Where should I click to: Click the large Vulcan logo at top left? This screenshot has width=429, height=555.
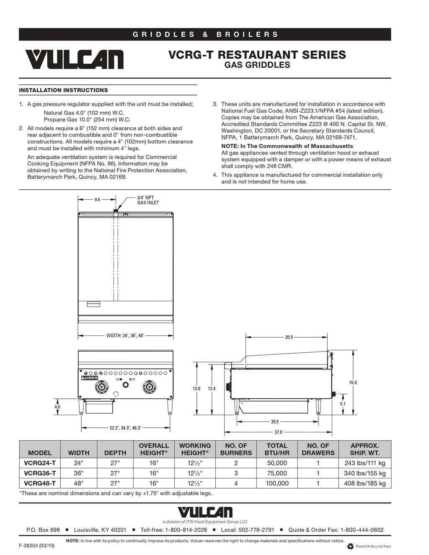tap(74, 59)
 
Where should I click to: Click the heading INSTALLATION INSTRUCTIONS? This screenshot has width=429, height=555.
tap(63, 90)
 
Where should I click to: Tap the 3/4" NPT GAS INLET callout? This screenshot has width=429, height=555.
tap(148, 200)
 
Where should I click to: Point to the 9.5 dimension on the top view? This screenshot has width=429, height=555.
tap(97, 200)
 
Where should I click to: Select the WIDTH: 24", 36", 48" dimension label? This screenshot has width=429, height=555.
tap(125, 336)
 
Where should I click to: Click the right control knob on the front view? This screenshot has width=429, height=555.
tap(149, 386)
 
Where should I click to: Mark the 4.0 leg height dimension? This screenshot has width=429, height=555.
tap(57, 407)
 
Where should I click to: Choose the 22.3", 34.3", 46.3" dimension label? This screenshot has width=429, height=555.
tap(125, 428)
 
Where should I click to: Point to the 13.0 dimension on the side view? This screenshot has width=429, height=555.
tap(196, 389)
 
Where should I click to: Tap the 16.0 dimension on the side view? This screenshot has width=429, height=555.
tap(353, 382)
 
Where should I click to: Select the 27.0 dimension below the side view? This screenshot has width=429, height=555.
tap(278, 432)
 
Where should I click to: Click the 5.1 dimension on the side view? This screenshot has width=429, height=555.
tap(343, 404)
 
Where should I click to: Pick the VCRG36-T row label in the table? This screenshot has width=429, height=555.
tap(40, 473)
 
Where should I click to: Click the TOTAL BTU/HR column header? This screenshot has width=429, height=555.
tap(277, 449)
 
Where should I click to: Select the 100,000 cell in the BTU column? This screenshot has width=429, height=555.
tap(277, 483)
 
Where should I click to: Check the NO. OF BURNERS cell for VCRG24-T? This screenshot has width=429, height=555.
tap(236, 463)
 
